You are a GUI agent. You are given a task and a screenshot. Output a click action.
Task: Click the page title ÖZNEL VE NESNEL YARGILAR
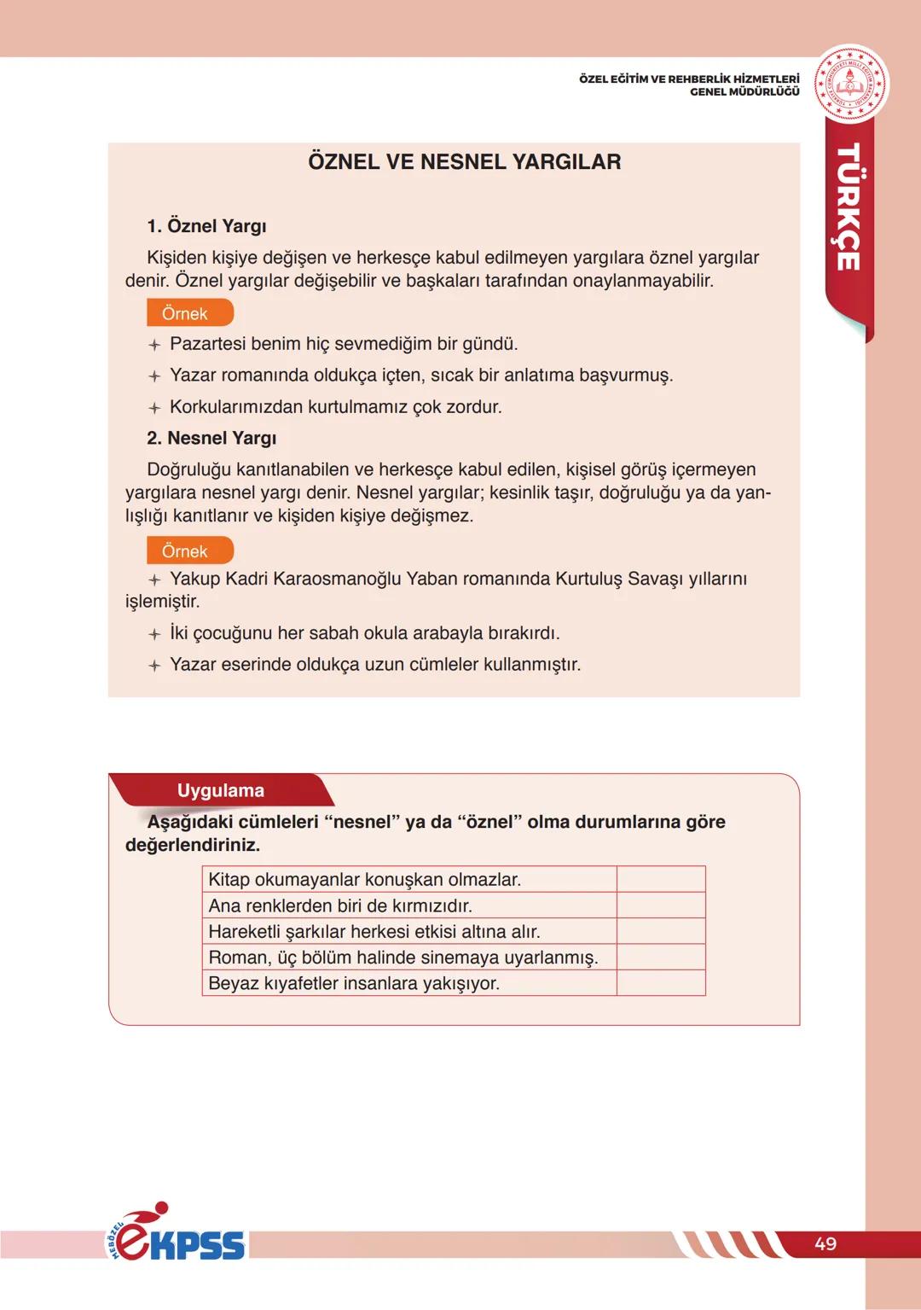point(464,162)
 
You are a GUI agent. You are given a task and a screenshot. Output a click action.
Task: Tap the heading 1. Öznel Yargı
point(206,226)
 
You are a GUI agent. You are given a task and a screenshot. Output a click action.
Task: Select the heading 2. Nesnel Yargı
point(211,438)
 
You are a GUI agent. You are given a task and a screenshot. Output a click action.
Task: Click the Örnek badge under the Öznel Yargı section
point(188,313)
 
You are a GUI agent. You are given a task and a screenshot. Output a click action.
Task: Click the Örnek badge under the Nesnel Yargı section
point(188,550)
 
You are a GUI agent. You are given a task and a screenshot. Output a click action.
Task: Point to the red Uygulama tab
point(221,790)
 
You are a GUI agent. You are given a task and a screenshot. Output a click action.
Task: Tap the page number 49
point(825,1243)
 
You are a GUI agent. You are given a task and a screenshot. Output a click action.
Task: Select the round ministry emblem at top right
point(850,84)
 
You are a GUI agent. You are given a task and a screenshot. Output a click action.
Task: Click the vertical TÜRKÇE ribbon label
point(848,207)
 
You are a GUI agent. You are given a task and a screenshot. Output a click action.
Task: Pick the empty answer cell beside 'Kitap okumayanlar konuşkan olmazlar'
point(661,879)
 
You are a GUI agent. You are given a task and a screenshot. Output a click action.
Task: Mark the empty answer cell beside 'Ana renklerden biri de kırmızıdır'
point(661,905)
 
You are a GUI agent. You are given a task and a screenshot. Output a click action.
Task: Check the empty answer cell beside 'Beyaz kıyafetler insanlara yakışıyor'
point(661,982)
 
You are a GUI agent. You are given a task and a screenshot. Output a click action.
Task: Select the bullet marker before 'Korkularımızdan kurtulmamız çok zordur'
point(154,408)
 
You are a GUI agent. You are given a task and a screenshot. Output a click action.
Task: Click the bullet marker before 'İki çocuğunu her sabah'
point(154,634)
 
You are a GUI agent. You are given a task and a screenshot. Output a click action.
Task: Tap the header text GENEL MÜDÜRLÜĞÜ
point(744,91)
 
